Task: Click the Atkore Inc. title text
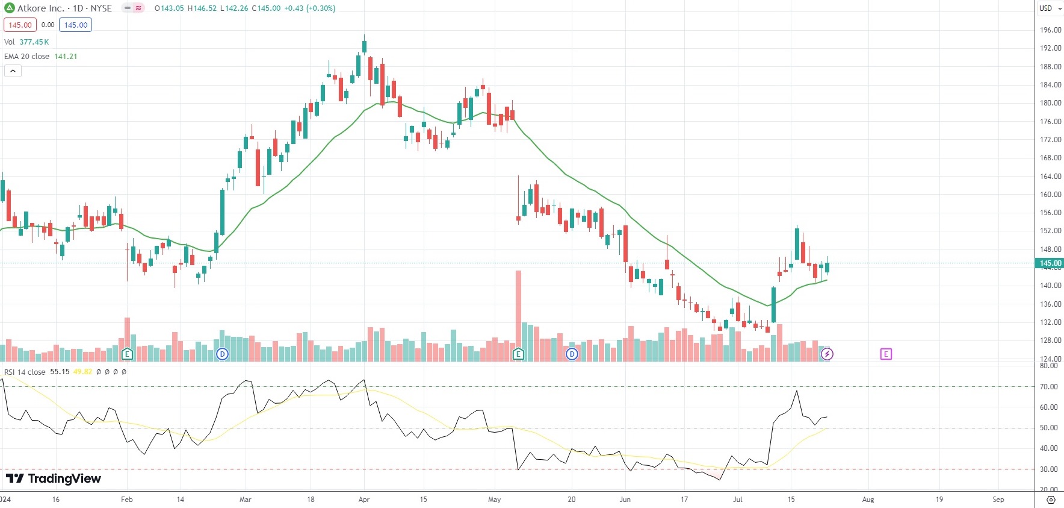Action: [40, 8]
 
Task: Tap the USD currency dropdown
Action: [1050, 8]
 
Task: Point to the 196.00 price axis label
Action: [1050, 30]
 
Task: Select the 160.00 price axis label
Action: [1050, 195]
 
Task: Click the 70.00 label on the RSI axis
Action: [1049, 387]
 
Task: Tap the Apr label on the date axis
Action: [363, 500]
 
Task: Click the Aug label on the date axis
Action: [868, 500]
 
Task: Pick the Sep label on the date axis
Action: [998, 500]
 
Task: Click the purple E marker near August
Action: [886, 354]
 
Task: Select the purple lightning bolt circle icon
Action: [827, 354]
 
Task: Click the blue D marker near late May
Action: [572, 354]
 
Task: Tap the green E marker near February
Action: [126, 354]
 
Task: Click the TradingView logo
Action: [54, 478]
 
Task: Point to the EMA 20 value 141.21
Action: [66, 57]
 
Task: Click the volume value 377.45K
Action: [34, 42]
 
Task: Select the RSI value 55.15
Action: [60, 372]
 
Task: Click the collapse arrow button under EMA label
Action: [13, 71]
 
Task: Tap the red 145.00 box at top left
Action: [20, 25]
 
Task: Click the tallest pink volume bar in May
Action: [518, 313]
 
